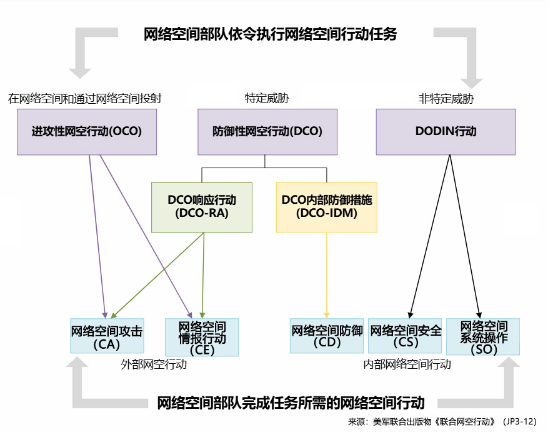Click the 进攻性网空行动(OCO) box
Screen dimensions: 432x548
click(87, 132)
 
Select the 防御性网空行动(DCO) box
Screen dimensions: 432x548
click(267, 132)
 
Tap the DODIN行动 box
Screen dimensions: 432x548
click(446, 132)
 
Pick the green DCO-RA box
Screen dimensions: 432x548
click(201, 207)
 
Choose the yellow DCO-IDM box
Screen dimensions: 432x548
click(327, 207)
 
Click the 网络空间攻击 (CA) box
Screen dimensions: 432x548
click(106, 337)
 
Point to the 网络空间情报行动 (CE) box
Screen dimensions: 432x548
click(202, 337)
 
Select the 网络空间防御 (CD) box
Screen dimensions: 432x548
click(327, 337)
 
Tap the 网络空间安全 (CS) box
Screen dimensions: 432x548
click(406, 337)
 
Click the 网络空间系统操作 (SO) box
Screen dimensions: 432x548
click(483, 337)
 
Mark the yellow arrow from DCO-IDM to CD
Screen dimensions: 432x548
click(327, 275)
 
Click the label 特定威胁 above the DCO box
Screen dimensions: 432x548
click(267, 98)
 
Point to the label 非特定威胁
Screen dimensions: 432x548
click(446, 98)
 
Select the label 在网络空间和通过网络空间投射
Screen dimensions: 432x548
click(85, 98)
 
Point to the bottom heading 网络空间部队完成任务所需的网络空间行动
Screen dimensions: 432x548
click(291, 403)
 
